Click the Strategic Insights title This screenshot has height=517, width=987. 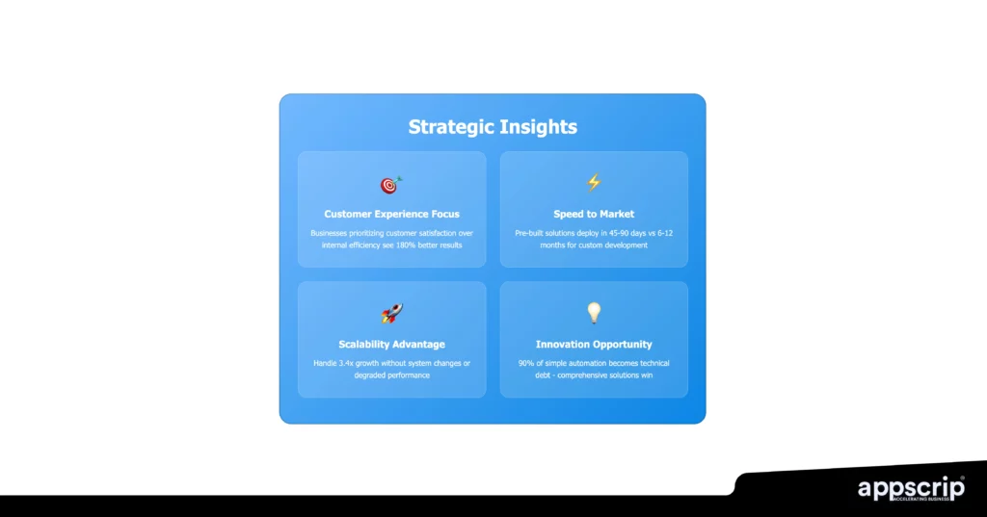click(x=493, y=127)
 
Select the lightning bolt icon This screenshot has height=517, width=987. click(x=594, y=182)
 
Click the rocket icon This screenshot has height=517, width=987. click(x=391, y=314)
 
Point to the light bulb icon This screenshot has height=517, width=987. click(x=594, y=313)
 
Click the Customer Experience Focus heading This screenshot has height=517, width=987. click(x=391, y=214)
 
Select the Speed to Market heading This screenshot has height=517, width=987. click(x=594, y=214)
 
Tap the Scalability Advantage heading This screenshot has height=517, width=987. click(x=391, y=344)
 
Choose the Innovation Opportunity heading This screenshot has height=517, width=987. click(x=594, y=344)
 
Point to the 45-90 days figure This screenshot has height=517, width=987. click(x=618, y=233)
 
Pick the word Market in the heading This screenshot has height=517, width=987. click(x=614, y=214)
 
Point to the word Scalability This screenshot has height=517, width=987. click(x=369, y=344)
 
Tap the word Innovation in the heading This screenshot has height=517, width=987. click(x=566, y=344)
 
